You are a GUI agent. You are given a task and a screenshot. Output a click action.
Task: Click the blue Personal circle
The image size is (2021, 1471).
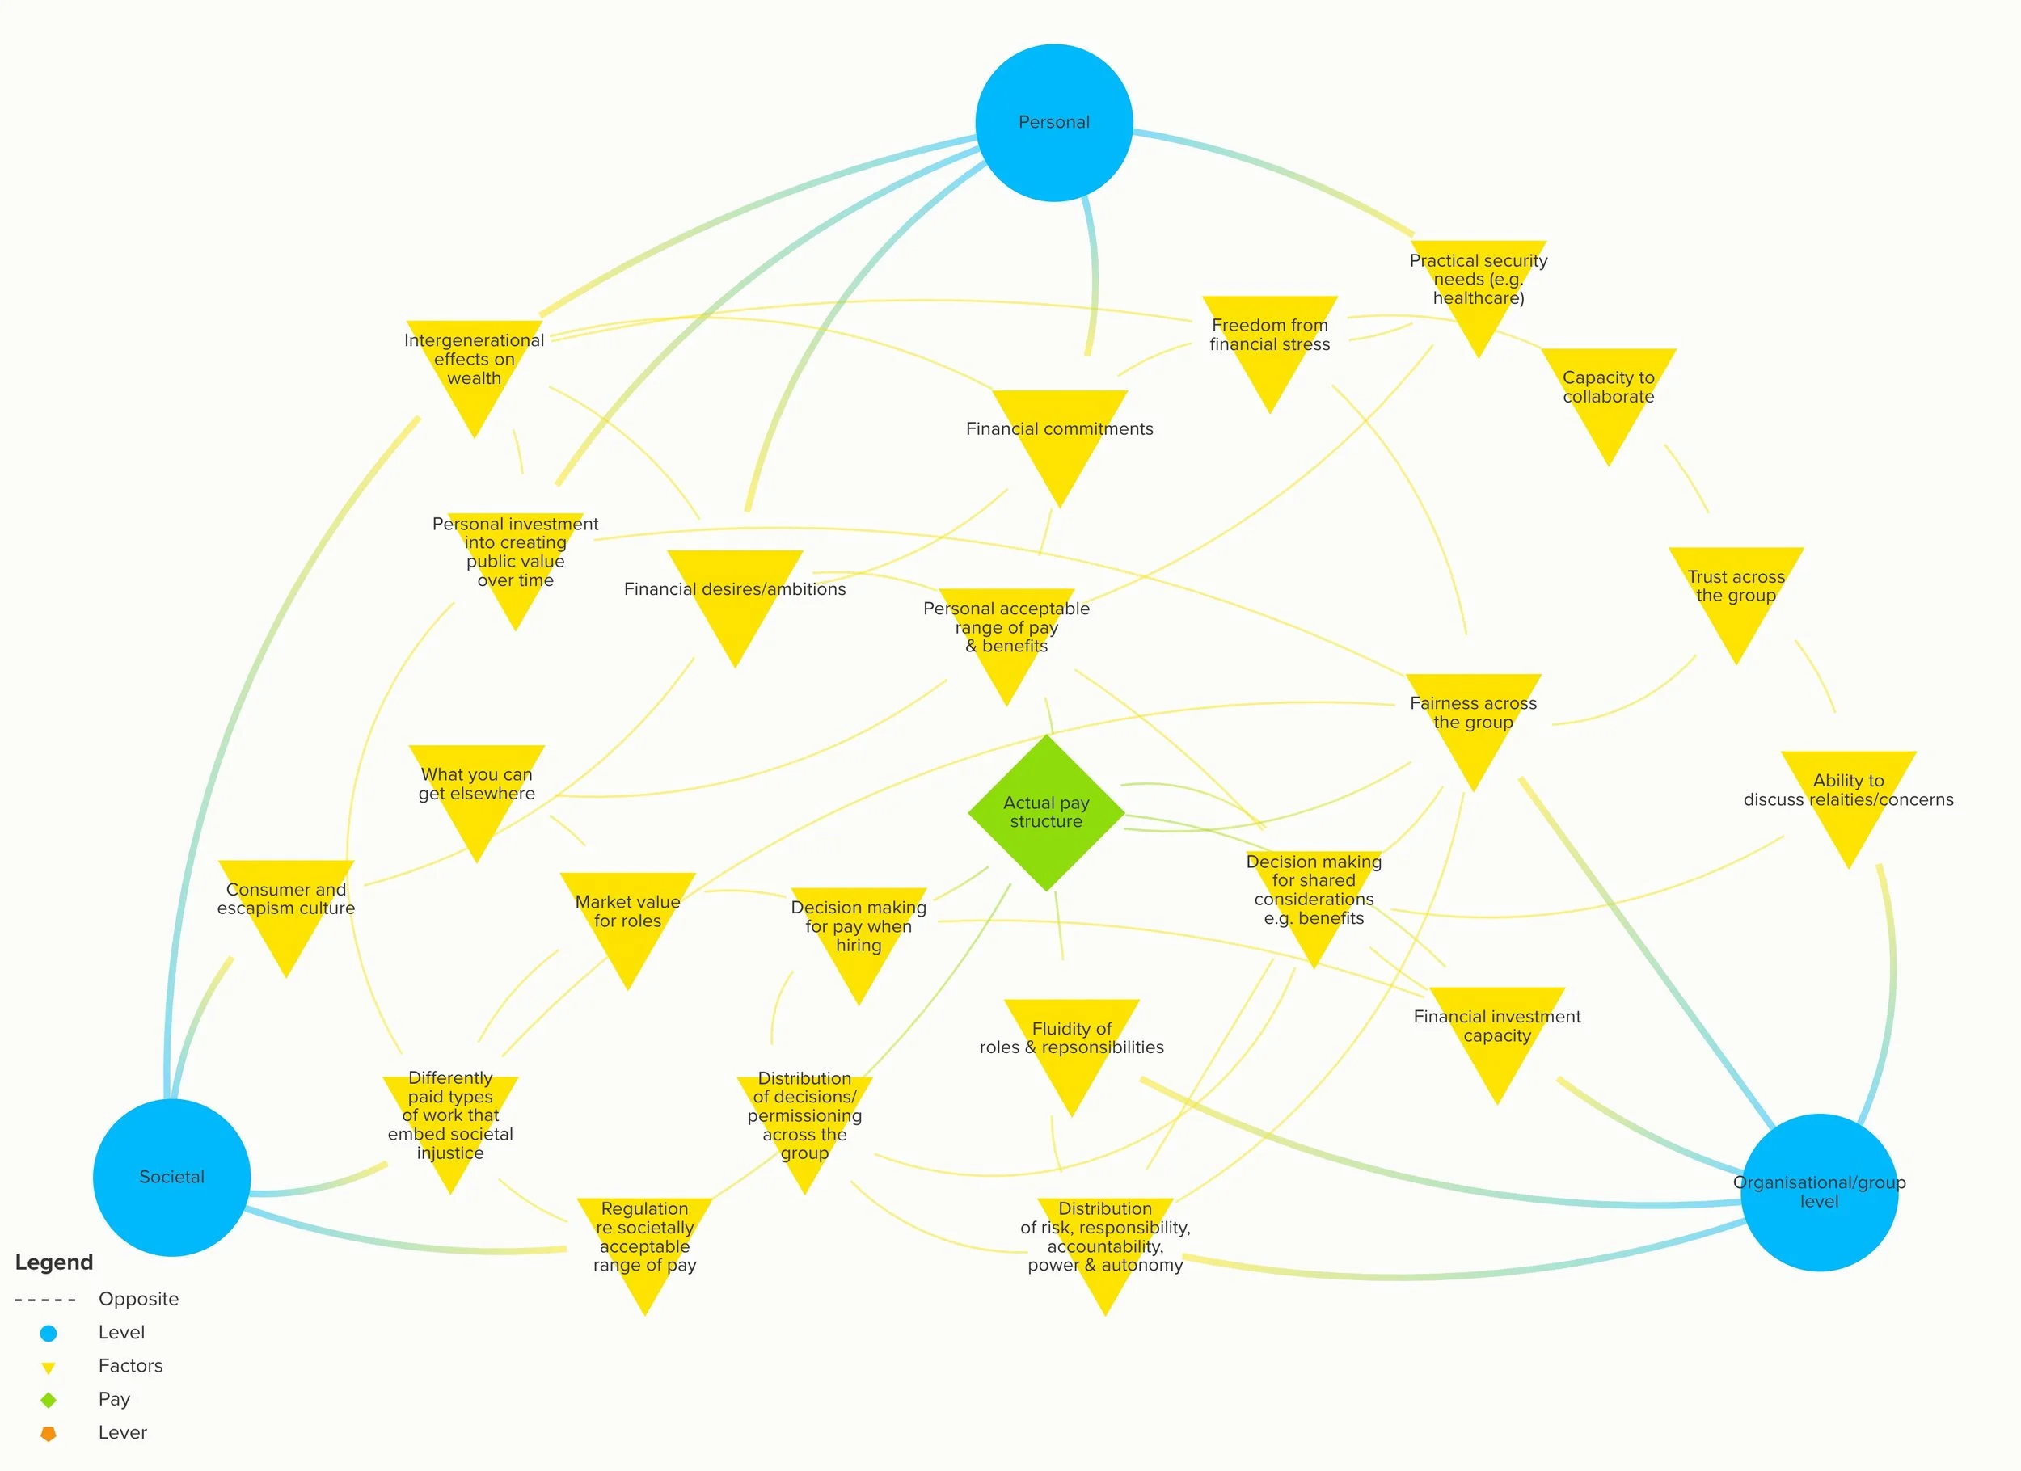pyautogui.click(x=1054, y=123)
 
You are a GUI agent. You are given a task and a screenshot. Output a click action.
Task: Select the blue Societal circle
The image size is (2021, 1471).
pyautogui.click(x=172, y=1177)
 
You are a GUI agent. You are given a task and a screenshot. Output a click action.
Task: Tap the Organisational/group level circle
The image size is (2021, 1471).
pyautogui.click(x=1819, y=1192)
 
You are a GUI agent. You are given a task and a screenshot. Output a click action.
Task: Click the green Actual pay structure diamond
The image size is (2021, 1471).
pyautogui.click(x=1046, y=812)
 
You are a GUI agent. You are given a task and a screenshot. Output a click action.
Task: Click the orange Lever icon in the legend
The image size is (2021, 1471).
pyautogui.click(x=49, y=1434)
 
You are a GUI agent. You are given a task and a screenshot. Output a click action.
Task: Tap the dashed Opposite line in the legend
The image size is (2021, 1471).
pyautogui.click(x=44, y=1300)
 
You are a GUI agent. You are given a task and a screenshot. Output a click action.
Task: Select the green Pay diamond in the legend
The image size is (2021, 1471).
pyautogui.click(x=49, y=1400)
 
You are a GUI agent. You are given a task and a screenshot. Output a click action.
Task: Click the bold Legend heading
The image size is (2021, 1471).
pyautogui.click(x=54, y=1262)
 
